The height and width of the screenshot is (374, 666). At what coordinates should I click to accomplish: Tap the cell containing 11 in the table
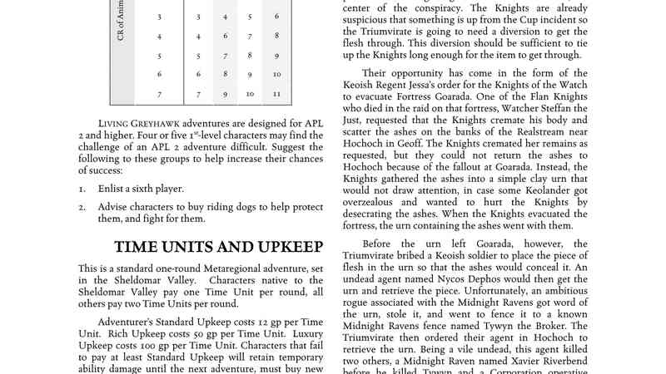pos(276,94)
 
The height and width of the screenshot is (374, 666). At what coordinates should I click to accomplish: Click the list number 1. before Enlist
pos(82,189)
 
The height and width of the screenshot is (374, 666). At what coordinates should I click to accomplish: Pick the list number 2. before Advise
pos(82,207)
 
